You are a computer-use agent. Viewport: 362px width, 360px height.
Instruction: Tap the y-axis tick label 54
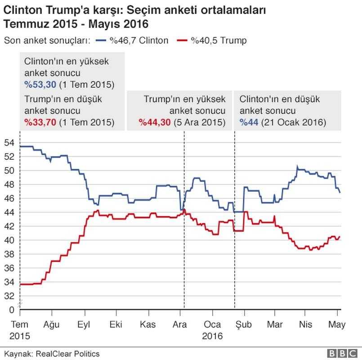click(x=9, y=143)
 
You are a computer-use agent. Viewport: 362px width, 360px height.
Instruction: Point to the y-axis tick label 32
click(x=9, y=296)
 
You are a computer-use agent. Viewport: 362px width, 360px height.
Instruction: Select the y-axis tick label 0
click(x=12, y=309)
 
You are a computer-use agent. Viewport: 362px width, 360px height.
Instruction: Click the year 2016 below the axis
click(x=212, y=335)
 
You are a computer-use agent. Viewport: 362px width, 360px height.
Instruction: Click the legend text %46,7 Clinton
click(x=139, y=40)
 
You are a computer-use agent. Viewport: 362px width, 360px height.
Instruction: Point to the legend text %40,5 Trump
click(x=219, y=40)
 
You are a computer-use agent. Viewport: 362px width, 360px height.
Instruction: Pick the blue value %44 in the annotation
click(x=249, y=122)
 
